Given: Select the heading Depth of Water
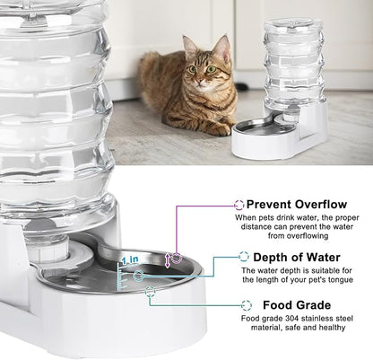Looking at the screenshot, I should [297, 257].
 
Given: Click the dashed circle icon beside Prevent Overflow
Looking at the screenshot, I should [239, 205].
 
